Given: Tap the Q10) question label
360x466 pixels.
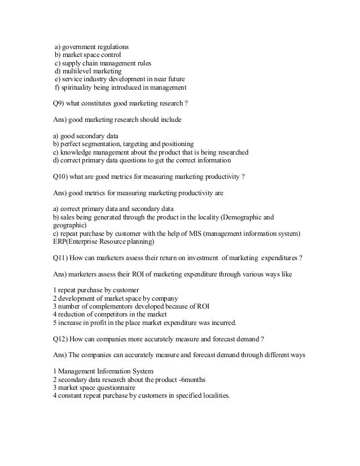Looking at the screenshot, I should tap(60, 176).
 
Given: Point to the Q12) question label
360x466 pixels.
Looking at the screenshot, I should tap(60, 340).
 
